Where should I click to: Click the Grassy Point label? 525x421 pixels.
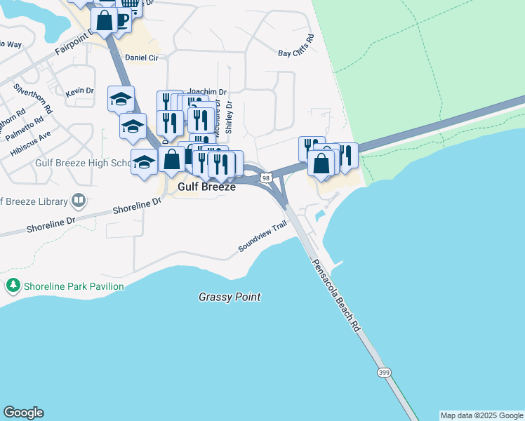[x=229, y=298]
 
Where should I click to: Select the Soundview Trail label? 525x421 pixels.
[x=263, y=235]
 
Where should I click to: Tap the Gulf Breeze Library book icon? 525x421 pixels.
[x=79, y=201]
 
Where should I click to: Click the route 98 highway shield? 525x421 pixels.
[x=266, y=178]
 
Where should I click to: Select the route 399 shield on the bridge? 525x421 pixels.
[x=383, y=372]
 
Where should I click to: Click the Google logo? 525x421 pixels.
[x=23, y=413]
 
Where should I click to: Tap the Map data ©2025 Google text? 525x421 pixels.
[x=481, y=415]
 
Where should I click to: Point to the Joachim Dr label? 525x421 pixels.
[x=206, y=91]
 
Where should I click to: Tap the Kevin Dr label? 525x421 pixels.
[x=79, y=91]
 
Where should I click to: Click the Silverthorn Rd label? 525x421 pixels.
[x=33, y=99]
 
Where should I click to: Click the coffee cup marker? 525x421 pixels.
[x=121, y=20]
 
